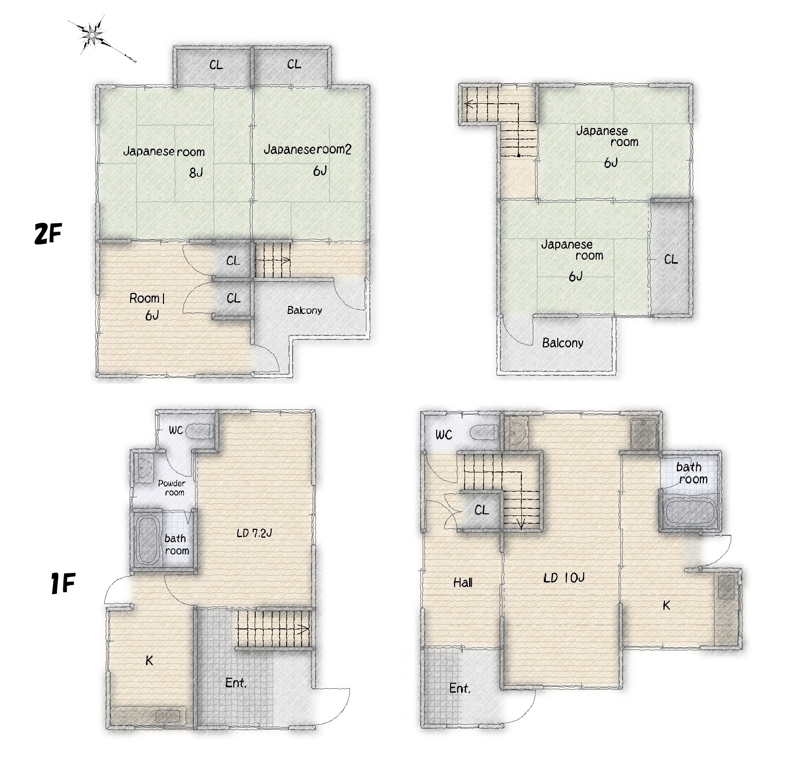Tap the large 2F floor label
pos(48,233)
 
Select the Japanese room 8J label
pos(164,161)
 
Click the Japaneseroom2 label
pos(307,149)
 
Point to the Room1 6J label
pos(147,306)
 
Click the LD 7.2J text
pos(254,533)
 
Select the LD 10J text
pos(564,578)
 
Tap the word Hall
pos(463,582)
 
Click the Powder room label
pos(172,487)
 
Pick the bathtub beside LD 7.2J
pos(147,540)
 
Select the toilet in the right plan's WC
pos(484,432)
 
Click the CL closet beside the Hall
pos(482,510)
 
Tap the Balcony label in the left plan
pos(305,310)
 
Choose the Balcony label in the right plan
pos(563,343)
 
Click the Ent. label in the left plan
pos(236,683)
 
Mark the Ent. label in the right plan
pos(460,688)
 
